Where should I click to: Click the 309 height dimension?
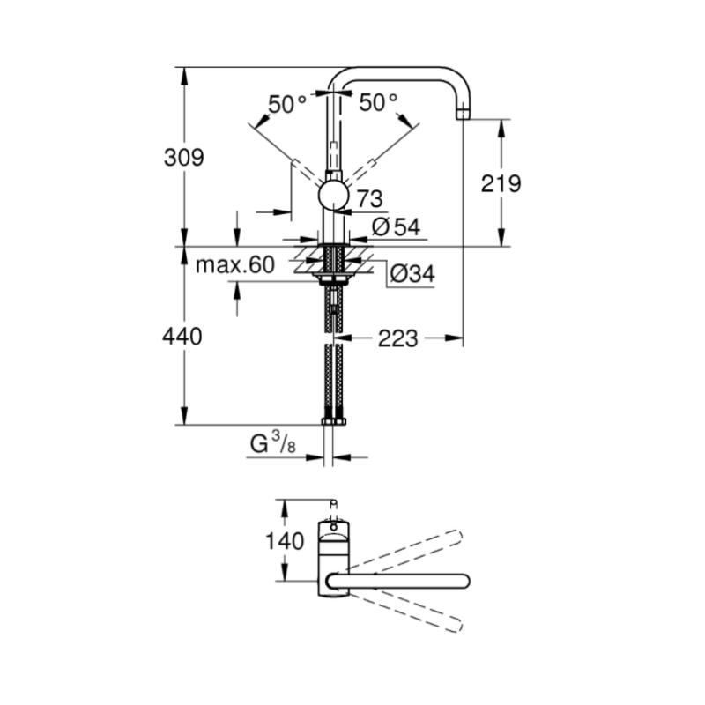[184, 158]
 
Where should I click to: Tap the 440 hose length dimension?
[182, 337]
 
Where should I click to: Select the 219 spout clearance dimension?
[501, 183]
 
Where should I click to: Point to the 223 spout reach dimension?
[398, 338]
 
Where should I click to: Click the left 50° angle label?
[288, 105]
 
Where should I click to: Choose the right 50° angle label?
[379, 103]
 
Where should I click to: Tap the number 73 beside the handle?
[369, 199]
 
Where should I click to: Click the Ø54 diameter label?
[396, 227]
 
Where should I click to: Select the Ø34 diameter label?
[412, 273]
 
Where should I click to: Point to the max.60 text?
[234, 265]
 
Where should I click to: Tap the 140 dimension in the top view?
[284, 541]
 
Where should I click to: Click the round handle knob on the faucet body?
[333, 196]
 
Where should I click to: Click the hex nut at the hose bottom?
[334, 421]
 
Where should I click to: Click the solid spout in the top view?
[398, 581]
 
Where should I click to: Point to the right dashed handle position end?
[372, 162]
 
